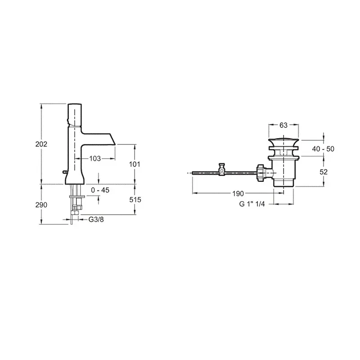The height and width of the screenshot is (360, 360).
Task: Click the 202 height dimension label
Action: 41,144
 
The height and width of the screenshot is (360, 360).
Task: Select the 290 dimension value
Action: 41,205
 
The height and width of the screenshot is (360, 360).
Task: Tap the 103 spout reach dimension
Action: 95,158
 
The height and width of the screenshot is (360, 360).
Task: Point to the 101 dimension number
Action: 135,164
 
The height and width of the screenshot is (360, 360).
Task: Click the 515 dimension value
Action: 135,200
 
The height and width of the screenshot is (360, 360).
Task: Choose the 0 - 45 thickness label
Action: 100,190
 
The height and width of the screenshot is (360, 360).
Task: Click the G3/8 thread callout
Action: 96,220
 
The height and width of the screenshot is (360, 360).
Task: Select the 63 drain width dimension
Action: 283,125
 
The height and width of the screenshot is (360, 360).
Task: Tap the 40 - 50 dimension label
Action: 323,149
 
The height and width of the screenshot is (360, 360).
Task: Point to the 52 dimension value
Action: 324,172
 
